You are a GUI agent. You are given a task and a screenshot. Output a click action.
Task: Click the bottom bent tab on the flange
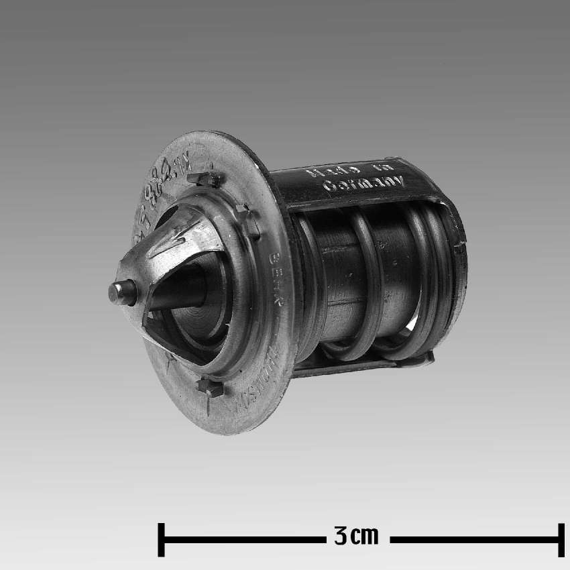pos(210,387)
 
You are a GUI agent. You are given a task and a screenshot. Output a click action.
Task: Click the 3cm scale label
pos(356,536)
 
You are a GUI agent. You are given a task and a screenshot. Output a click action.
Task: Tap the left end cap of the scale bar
pos(161,539)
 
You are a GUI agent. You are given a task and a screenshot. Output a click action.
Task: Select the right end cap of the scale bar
pos(561,539)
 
